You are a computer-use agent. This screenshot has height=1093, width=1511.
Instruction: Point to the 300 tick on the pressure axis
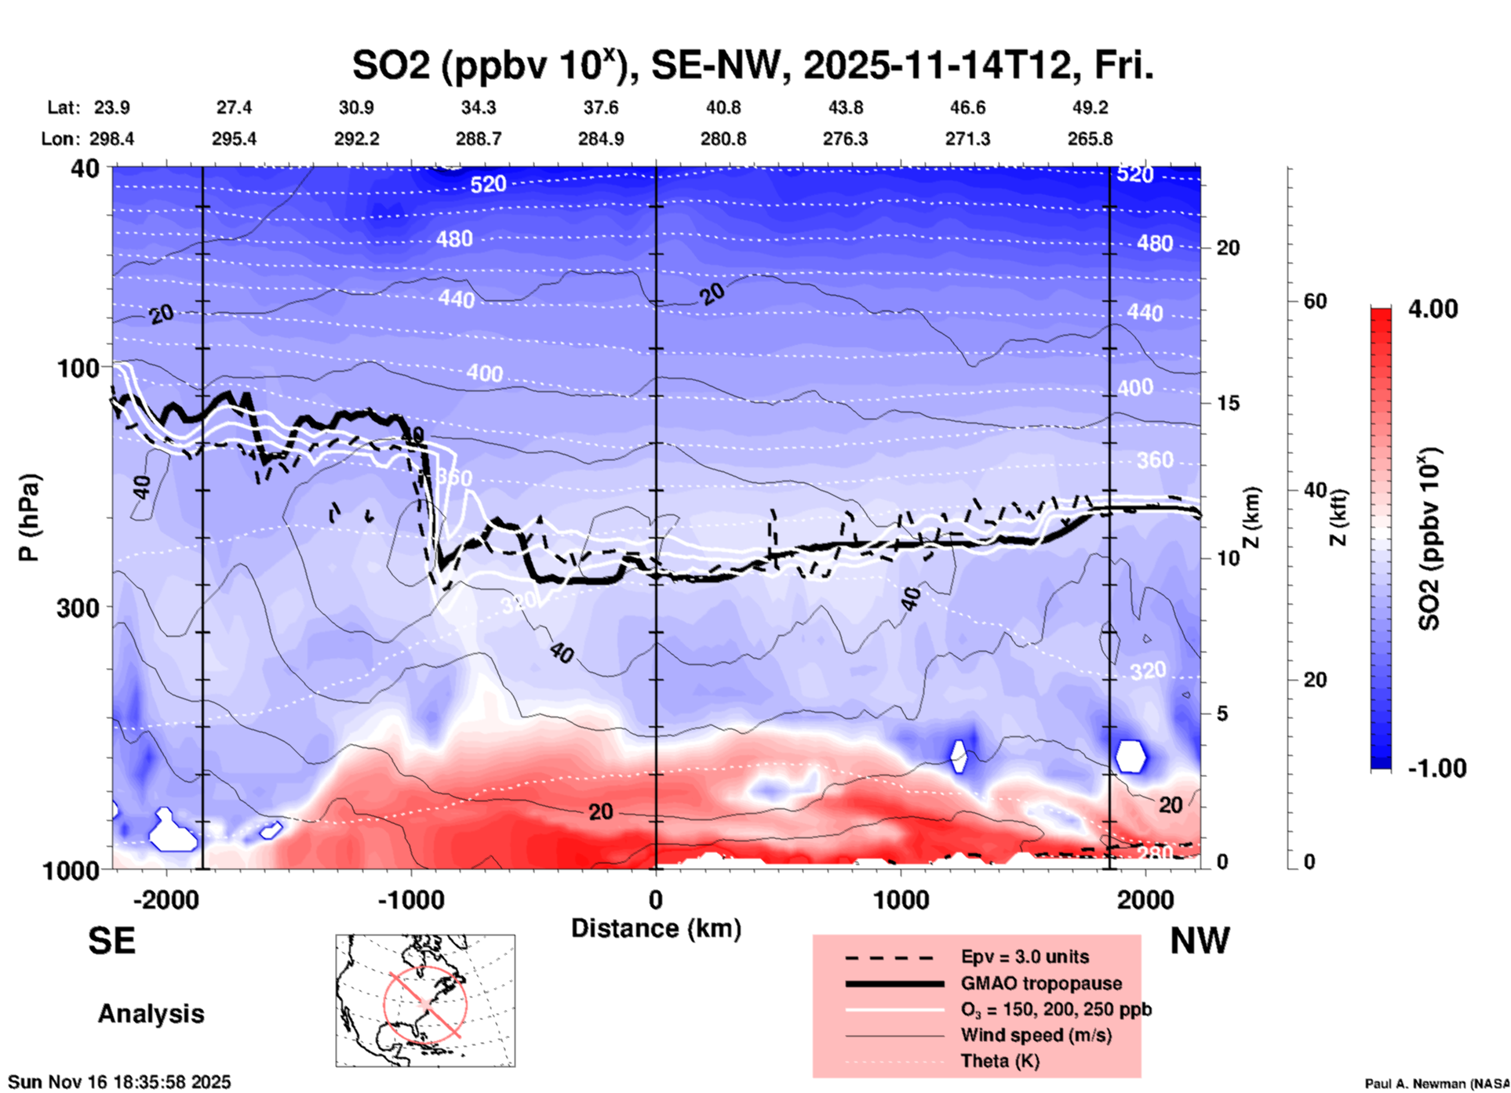point(78,608)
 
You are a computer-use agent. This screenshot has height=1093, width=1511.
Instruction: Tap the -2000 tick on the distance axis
point(166,900)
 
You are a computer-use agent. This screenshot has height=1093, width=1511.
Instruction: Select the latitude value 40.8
point(723,107)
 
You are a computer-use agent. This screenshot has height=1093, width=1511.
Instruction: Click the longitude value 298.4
point(111,139)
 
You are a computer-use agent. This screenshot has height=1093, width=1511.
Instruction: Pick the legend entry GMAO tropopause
point(1041,983)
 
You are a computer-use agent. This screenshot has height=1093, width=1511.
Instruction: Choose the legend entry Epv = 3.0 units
point(1024,957)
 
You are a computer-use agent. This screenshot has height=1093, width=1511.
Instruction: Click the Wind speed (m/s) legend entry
point(1036,1035)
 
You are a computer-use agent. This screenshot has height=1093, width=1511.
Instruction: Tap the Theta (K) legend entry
point(999,1061)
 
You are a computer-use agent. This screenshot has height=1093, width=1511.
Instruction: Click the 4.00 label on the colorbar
point(1433,308)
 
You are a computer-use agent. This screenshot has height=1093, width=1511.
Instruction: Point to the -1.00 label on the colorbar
point(1436,768)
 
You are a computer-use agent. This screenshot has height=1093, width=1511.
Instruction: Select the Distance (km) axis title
point(656,928)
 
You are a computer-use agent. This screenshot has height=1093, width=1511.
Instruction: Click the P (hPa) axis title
point(29,517)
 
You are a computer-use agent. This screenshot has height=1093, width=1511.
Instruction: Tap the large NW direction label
point(1200,941)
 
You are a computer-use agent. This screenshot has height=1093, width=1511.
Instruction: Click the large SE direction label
point(111,941)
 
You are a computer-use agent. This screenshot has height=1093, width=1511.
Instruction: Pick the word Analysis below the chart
point(151,1013)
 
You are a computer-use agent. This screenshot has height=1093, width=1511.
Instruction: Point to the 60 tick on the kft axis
point(1315,301)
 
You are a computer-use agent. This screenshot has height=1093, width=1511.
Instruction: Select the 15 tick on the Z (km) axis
point(1228,403)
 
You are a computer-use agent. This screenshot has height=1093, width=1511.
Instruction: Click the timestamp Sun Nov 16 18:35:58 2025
point(119,1082)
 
